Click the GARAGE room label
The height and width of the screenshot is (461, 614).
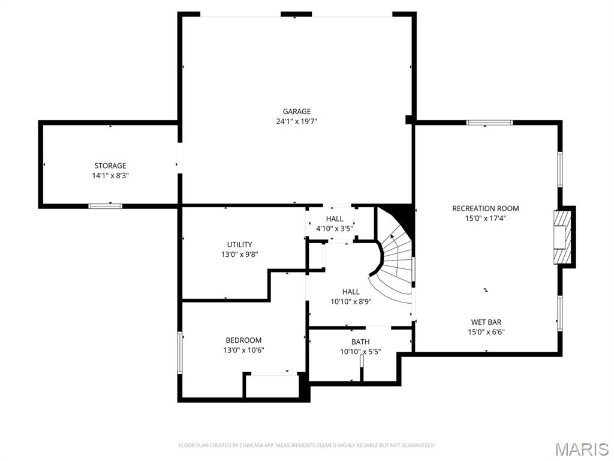[297, 111]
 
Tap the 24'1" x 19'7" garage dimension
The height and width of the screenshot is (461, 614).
[297, 121]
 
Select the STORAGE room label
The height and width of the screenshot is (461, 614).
[110, 166]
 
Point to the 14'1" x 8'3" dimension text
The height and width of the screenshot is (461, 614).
[110, 176]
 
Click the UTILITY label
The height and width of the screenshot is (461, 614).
[240, 245]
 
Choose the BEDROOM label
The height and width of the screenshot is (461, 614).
[243, 340]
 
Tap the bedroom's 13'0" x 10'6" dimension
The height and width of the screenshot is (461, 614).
[243, 351]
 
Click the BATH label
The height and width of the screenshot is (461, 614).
[360, 342]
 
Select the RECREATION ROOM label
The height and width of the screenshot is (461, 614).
[486, 208]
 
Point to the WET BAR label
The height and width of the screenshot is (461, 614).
[486, 322]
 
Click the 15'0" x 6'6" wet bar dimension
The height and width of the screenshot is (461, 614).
[486, 333]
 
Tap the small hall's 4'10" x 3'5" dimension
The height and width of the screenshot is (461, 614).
[335, 229]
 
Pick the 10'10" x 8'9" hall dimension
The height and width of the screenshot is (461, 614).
[351, 302]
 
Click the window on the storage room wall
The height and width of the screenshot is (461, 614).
[106, 206]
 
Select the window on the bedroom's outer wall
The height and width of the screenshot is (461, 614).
[180, 353]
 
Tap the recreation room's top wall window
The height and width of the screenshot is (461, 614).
[489, 122]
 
